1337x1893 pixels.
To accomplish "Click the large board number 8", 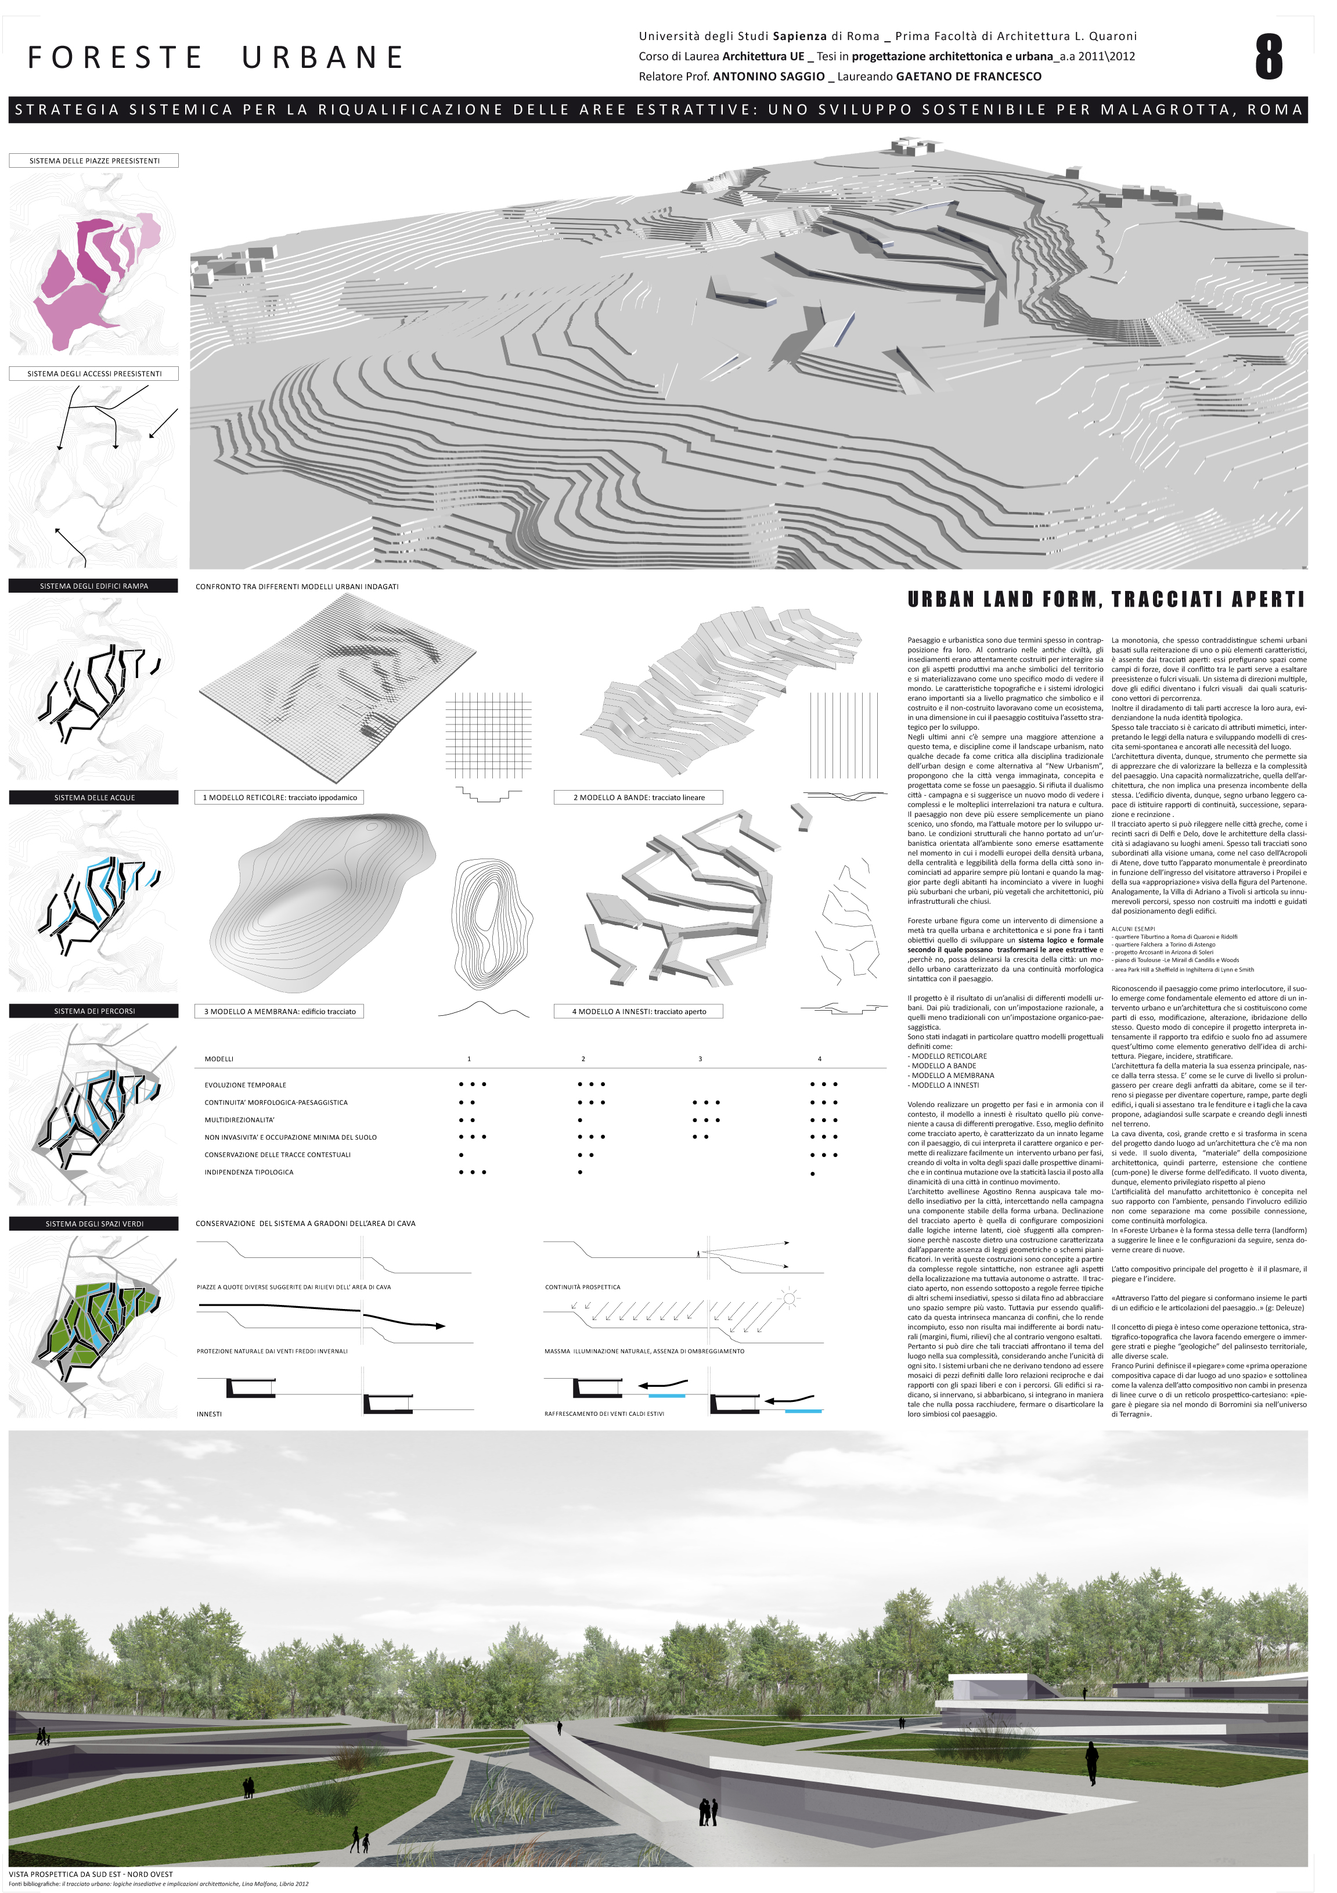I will tap(1268, 57).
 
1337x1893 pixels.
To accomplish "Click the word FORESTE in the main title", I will tap(116, 57).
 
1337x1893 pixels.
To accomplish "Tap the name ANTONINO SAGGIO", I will tap(768, 77).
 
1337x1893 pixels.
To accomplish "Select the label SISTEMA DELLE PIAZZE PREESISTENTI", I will tap(94, 161).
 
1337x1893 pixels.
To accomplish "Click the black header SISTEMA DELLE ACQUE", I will tap(94, 797).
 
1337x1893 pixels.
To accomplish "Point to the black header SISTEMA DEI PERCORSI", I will tap(94, 1011).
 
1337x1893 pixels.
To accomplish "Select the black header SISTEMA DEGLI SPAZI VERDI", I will tap(94, 1224).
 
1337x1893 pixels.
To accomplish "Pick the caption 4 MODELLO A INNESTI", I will tap(639, 1011).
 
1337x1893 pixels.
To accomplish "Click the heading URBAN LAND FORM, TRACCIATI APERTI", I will tap(1105, 600).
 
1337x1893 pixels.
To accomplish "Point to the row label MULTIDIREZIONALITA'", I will tap(239, 1120).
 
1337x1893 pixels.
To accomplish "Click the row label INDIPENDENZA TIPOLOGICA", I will tap(248, 1171).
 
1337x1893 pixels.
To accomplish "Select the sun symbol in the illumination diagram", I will tap(790, 1299).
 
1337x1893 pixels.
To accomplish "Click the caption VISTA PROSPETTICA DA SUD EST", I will tap(91, 1874).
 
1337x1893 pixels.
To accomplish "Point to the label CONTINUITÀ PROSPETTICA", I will tap(582, 1287).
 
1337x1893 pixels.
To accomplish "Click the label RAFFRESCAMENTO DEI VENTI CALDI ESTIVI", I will tap(604, 1414).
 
